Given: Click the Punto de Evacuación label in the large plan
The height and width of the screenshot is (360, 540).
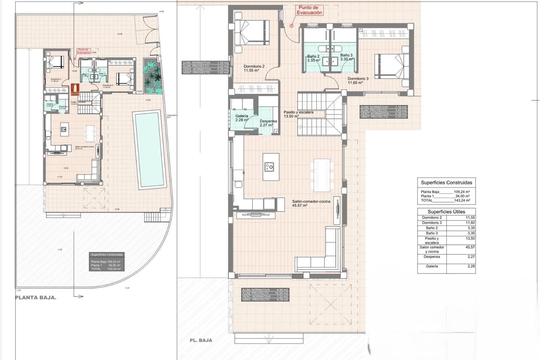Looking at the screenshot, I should coord(309,10).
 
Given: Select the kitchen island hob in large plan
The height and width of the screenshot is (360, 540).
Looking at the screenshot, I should coord(269,166).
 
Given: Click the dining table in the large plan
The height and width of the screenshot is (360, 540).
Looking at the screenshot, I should coord(322,175).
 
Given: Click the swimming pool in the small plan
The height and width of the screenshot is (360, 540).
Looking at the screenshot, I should coord(148,149).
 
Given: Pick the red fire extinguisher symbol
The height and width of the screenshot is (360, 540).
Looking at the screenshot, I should coord(75,89).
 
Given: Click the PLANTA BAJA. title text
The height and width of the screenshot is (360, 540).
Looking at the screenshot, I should coord(36,298).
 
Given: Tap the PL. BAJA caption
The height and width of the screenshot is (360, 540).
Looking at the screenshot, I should coord(201,340).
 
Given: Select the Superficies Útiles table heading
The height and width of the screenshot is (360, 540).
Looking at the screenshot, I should coord(446,212).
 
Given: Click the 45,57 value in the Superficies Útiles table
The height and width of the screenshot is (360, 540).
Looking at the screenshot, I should coord(470,247).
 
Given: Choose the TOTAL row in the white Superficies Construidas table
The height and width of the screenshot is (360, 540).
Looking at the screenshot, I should coord(446,200).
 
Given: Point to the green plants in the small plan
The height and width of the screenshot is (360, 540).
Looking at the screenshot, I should coord(153,76).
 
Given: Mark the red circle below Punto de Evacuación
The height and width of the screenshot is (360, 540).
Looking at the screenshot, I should coord(292,25).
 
